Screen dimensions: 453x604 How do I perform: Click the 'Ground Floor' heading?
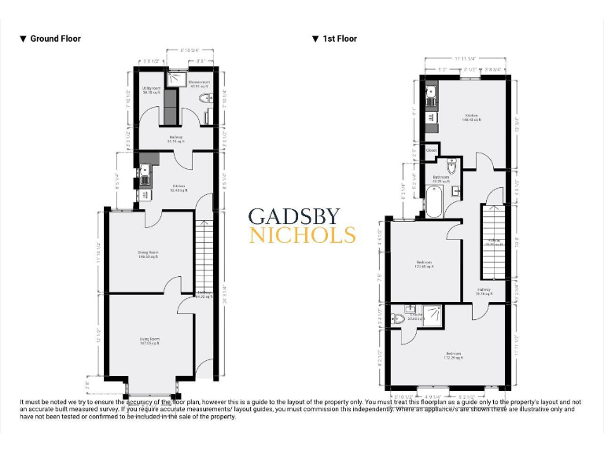pos(55,39)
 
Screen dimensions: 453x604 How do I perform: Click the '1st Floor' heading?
pos(339,39)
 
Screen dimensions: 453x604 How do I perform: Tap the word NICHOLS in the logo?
pos(302,235)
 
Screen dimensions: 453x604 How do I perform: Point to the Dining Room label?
pos(148,253)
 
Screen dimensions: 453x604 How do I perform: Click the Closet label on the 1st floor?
pos(432,149)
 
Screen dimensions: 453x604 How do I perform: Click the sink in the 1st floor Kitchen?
pos(431,96)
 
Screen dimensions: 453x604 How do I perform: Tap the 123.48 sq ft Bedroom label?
pos(424,264)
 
